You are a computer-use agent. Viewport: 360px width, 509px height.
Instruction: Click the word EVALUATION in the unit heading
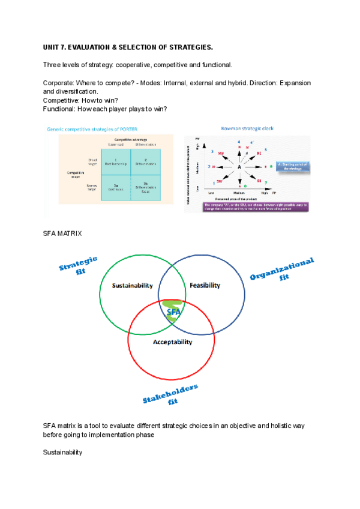[90, 47]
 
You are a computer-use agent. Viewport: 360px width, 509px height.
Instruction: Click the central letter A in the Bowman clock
[239, 166]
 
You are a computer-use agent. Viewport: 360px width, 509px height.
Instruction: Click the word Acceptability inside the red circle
[172, 342]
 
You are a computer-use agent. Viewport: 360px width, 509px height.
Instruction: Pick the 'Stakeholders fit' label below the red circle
[172, 395]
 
